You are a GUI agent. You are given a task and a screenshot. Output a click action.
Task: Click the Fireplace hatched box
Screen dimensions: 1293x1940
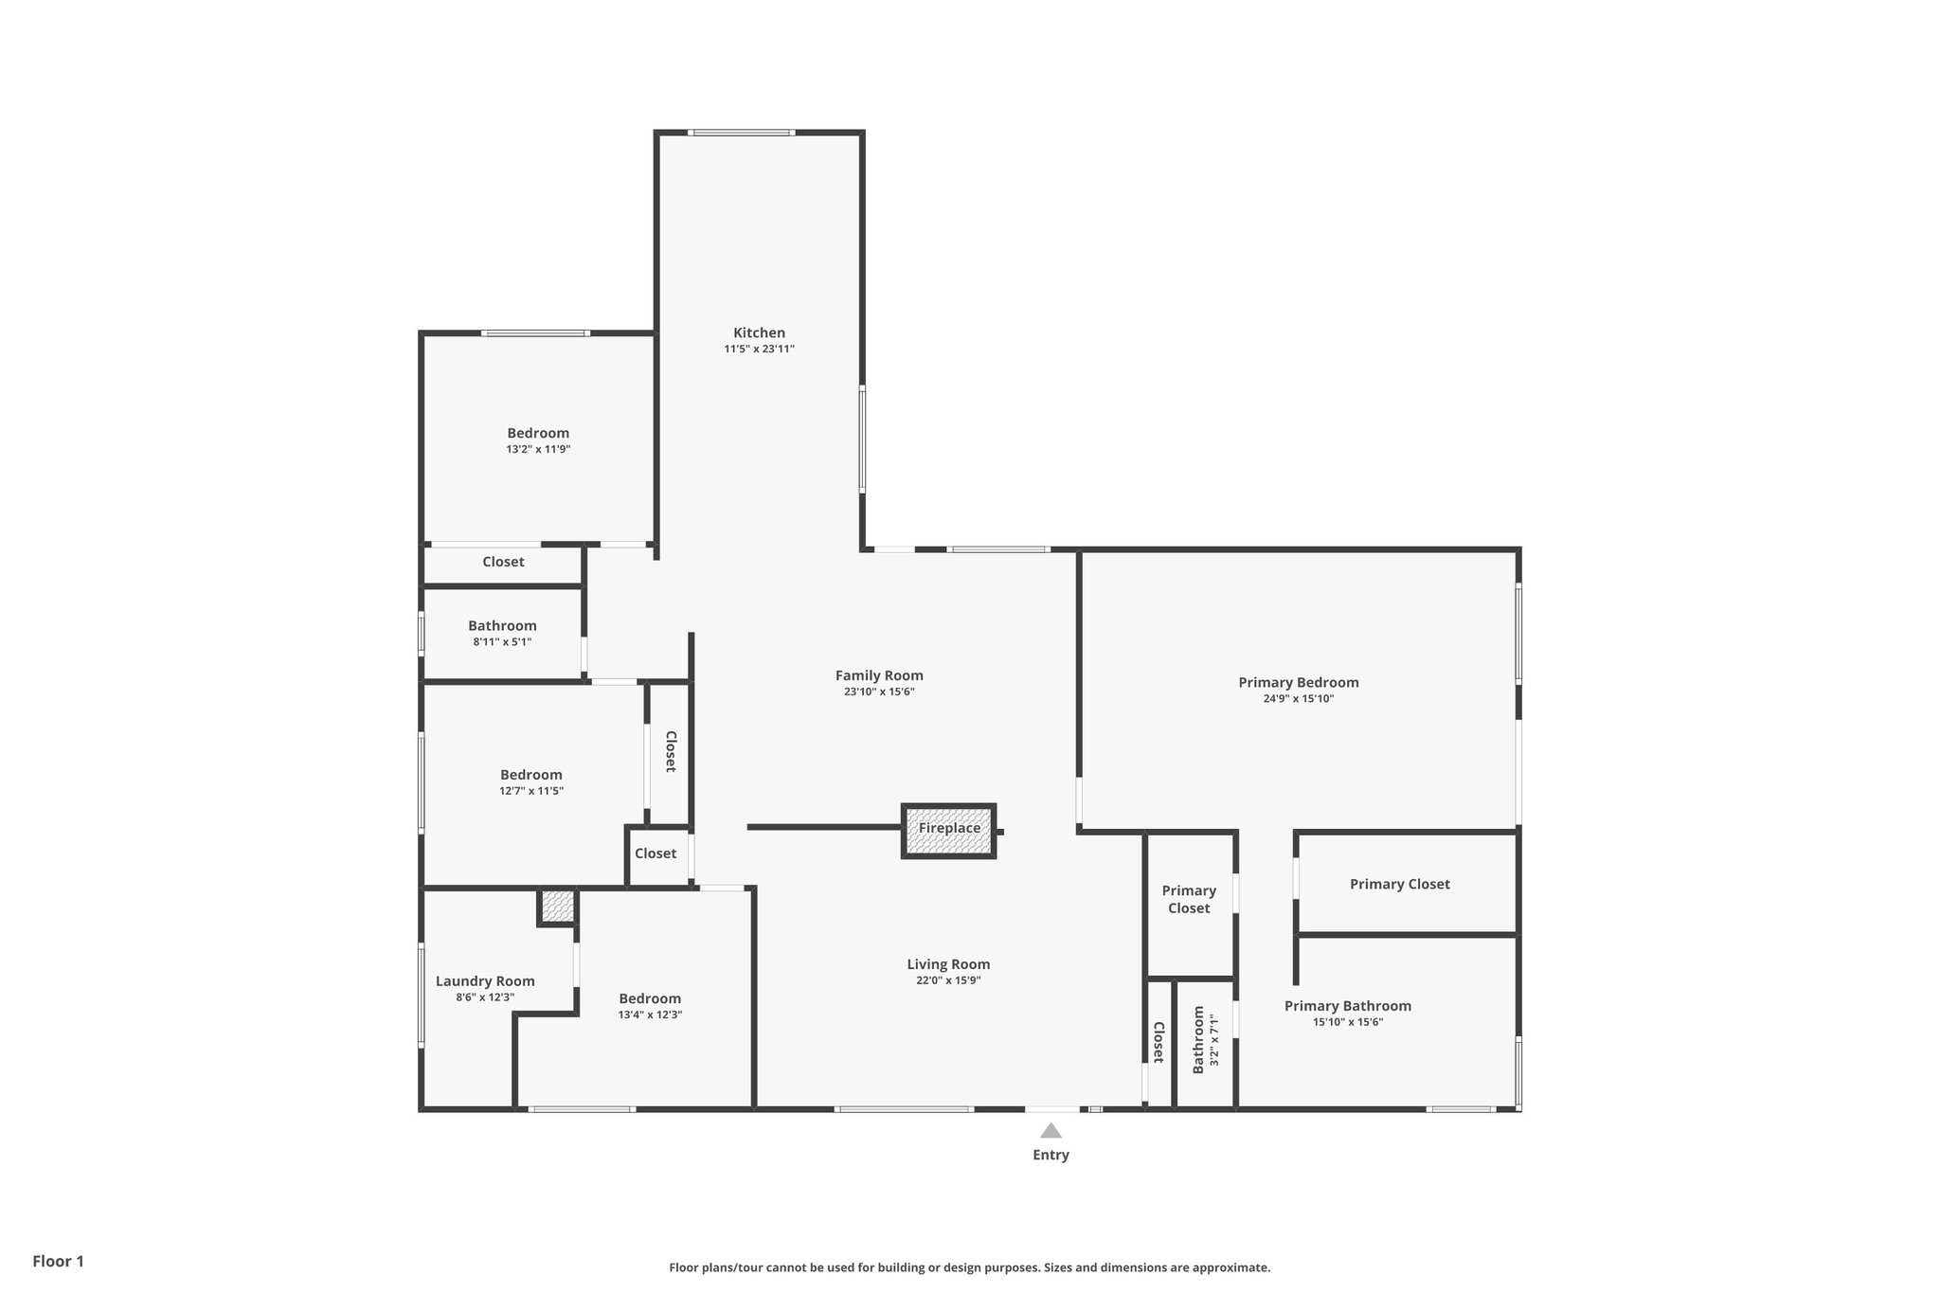click(948, 831)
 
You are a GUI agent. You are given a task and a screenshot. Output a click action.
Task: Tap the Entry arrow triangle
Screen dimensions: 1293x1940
click(1051, 1130)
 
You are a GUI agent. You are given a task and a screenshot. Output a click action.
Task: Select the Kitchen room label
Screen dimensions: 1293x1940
click(759, 332)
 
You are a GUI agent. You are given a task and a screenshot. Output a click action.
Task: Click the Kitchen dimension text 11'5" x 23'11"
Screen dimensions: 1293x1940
click(759, 350)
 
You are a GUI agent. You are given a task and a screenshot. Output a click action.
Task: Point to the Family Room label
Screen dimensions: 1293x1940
click(879, 675)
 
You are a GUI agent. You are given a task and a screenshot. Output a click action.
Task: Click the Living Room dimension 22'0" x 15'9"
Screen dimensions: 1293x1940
click(947, 981)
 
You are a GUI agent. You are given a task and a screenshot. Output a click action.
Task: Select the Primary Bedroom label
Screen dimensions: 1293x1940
click(1298, 682)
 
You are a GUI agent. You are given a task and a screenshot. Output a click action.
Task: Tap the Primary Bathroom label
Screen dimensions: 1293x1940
click(1347, 1006)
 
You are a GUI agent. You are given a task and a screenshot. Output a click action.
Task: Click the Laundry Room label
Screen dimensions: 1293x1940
click(485, 981)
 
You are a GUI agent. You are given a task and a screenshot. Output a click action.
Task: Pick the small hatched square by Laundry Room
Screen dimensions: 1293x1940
click(558, 907)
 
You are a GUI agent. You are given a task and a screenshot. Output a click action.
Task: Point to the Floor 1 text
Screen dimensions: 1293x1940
click(59, 1261)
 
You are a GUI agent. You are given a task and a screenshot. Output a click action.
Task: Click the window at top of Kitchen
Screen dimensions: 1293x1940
click(741, 133)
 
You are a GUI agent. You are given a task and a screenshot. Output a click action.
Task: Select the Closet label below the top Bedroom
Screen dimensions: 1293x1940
click(503, 562)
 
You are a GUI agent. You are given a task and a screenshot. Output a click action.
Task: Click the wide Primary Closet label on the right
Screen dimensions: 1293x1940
click(1399, 884)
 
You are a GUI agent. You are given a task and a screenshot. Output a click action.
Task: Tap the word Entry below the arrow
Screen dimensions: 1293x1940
click(1051, 1155)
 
